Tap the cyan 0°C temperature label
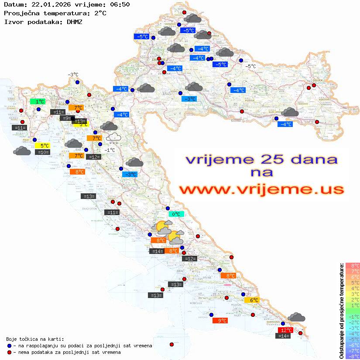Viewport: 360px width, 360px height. [x=176, y=214]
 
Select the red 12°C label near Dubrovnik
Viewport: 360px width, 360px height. [x=285, y=330]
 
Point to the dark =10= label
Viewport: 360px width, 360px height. [x=42, y=152]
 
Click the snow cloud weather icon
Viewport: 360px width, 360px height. [x=113, y=138]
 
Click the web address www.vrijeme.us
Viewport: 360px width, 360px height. [x=261, y=189]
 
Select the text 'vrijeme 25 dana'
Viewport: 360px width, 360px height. [x=261, y=159]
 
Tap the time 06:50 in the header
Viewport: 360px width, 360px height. [x=119, y=4]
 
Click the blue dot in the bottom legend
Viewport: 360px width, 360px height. [x=9, y=346]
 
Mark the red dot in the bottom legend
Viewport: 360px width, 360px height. [x=9, y=352]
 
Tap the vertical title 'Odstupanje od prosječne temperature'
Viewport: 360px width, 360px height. [x=341, y=311]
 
